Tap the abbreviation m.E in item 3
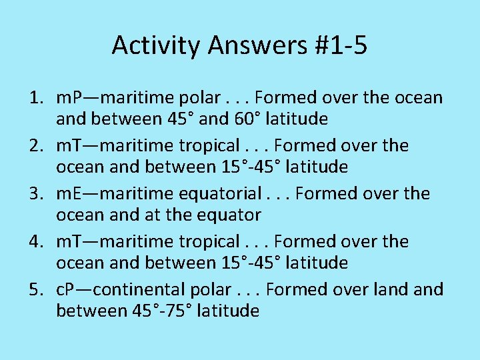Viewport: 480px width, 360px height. tap(70, 194)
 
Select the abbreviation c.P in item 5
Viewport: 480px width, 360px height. tap(68, 290)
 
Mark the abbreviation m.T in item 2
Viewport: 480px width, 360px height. tap(70, 146)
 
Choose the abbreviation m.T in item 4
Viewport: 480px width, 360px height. tap(70, 242)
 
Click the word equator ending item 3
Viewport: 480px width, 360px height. tap(227, 215)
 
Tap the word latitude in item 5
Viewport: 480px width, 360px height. tap(226, 311)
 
